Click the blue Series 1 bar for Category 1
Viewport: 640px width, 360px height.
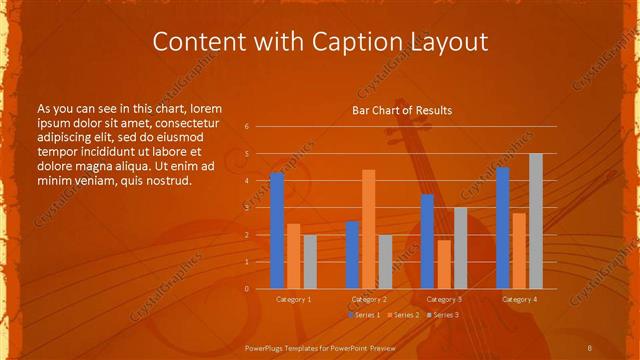click(277, 231)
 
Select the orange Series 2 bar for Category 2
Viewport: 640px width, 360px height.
click(369, 229)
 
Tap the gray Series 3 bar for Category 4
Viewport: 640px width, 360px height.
click(536, 221)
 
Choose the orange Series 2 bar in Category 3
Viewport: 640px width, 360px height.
click(444, 264)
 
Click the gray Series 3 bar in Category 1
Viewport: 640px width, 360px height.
click(310, 262)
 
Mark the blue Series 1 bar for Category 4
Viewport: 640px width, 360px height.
click(502, 228)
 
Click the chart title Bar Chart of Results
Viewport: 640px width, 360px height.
click(402, 110)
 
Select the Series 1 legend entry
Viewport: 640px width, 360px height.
click(363, 315)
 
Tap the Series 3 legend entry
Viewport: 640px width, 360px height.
click(443, 315)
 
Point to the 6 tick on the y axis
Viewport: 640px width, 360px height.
click(246, 127)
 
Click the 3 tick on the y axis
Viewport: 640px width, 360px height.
click(246, 208)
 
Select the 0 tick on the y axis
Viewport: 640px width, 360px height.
click(246, 289)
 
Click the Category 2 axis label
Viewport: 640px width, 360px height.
click(369, 299)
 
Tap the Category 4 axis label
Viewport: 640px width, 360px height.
click(519, 299)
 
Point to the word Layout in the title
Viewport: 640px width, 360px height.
click(447, 42)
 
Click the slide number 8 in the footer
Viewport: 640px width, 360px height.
click(590, 346)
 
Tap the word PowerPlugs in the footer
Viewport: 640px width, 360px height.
click(266, 346)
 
